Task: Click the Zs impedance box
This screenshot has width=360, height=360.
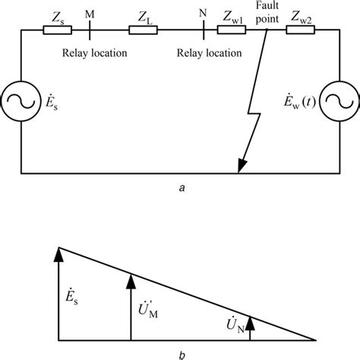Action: [x=58, y=30]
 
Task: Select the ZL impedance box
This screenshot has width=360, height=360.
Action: [x=144, y=30]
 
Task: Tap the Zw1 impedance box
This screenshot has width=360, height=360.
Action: [x=229, y=30]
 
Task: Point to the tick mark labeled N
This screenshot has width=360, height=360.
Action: [x=203, y=30]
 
